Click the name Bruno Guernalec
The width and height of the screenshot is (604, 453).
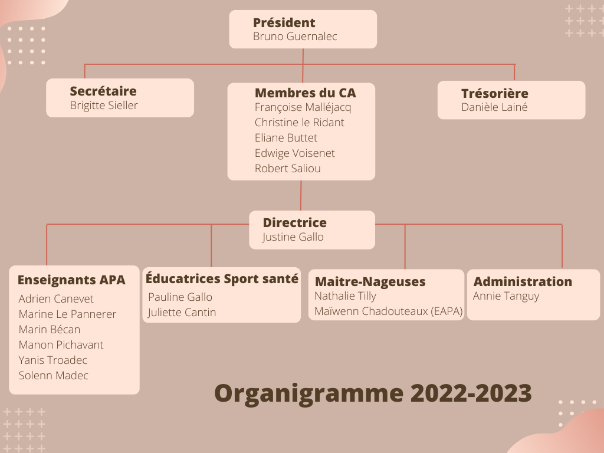coord(295,36)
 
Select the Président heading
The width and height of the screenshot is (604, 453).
coord(284,23)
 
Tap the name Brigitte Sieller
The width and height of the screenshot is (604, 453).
coord(104,106)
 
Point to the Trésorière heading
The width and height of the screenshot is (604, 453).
coord(495,93)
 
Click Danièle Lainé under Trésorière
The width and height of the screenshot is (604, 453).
coord(494,107)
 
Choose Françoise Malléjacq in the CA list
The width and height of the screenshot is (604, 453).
coord(303,107)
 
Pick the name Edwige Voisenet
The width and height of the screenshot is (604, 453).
coord(295,153)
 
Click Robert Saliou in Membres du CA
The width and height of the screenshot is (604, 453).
coord(288,168)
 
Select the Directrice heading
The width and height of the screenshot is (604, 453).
coord(295,222)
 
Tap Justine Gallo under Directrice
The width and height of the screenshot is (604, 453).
coord(293,237)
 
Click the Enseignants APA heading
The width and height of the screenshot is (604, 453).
coord(71,280)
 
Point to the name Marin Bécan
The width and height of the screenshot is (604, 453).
coord(50,329)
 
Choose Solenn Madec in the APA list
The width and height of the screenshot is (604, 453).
coord(54,375)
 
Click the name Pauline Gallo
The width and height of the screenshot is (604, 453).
coord(180,297)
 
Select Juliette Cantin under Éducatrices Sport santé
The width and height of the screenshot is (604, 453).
coord(182,313)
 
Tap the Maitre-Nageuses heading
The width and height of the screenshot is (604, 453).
coord(370,281)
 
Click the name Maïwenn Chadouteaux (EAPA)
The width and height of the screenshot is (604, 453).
coord(388,311)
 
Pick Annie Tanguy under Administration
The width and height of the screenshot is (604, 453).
coord(505,296)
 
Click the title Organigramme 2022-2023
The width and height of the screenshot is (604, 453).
coord(373,393)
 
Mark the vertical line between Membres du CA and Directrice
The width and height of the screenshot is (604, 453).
coord(301,195)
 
